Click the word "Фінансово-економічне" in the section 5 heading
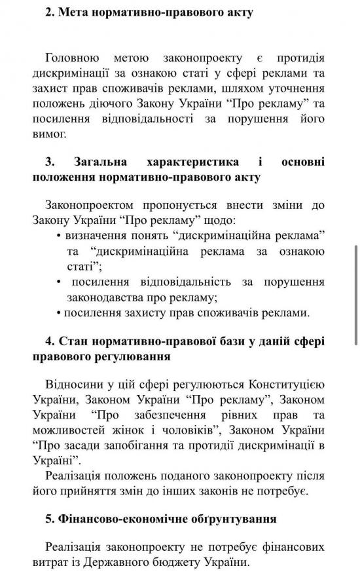pos(114,519)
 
